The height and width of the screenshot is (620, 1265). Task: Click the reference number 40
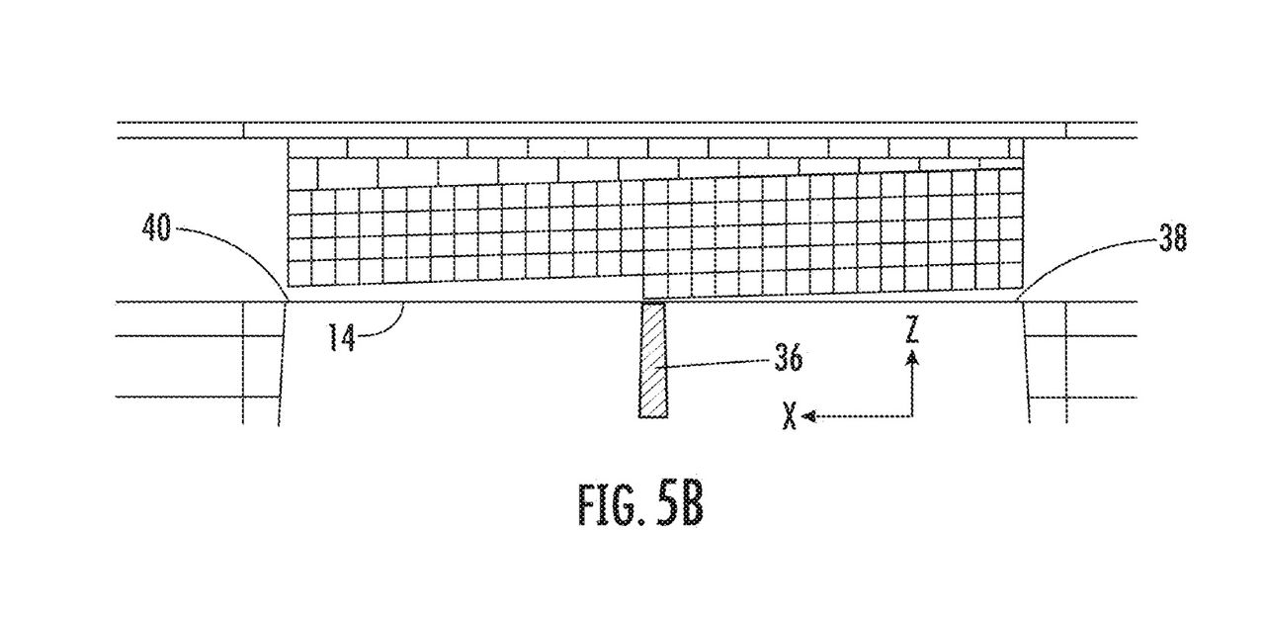pyautogui.click(x=156, y=228)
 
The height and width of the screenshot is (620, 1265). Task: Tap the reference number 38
pyautogui.click(x=1173, y=238)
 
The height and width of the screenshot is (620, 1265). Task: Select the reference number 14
pyautogui.click(x=343, y=338)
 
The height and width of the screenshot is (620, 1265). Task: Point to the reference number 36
pyautogui.click(x=788, y=358)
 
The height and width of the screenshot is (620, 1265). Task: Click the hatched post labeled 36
pyautogui.click(x=653, y=361)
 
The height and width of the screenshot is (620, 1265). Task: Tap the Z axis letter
pyautogui.click(x=911, y=330)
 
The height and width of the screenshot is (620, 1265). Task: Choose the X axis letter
pyautogui.click(x=790, y=416)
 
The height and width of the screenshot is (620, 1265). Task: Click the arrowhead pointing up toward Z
pyautogui.click(x=912, y=357)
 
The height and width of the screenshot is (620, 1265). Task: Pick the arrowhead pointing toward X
pyautogui.click(x=809, y=417)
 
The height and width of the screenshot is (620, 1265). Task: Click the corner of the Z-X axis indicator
pyautogui.click(x=912, y=417)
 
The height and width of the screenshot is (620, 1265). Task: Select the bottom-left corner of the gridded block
pyautogui.click(x=288, y=286)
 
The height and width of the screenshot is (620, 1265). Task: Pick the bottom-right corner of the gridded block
pyautogui.click(x=1023, y=291)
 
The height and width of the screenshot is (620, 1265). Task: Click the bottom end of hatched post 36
pyautogui.click(x=653, y=417)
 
